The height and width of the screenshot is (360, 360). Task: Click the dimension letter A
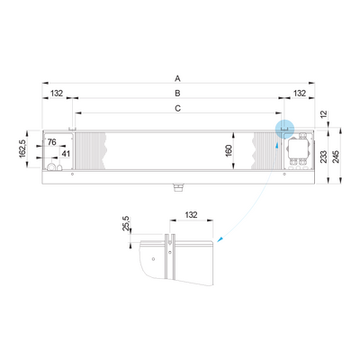(177, 78)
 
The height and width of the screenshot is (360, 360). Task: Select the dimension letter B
(177, 94)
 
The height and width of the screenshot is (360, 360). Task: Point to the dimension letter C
(178, 108)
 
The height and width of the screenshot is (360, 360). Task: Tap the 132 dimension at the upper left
(57, 94)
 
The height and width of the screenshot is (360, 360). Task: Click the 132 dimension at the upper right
(300, 94)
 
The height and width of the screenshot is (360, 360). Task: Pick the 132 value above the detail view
(191, 215)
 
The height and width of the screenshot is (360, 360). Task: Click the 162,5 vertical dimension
(22, 148)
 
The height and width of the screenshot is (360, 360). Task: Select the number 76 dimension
(52, 142)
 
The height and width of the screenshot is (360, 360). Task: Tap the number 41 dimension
(66, 154)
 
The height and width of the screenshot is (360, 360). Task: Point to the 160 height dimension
(229, 150)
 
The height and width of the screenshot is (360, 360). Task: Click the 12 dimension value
(323, 114)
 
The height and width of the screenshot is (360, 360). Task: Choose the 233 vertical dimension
(323, 157)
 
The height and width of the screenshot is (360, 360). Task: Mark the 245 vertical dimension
(337, 157)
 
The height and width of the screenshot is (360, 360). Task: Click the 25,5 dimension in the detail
(126, 223)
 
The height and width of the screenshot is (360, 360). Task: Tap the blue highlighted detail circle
(284, 129)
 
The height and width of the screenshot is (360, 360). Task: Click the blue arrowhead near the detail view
(220, 239)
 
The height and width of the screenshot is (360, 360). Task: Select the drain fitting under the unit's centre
(178, 187)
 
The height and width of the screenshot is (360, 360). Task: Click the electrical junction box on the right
(299, 148)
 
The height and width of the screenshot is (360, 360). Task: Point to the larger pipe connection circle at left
(52, 166)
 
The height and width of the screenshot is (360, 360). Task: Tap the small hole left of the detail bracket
(153, 259)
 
